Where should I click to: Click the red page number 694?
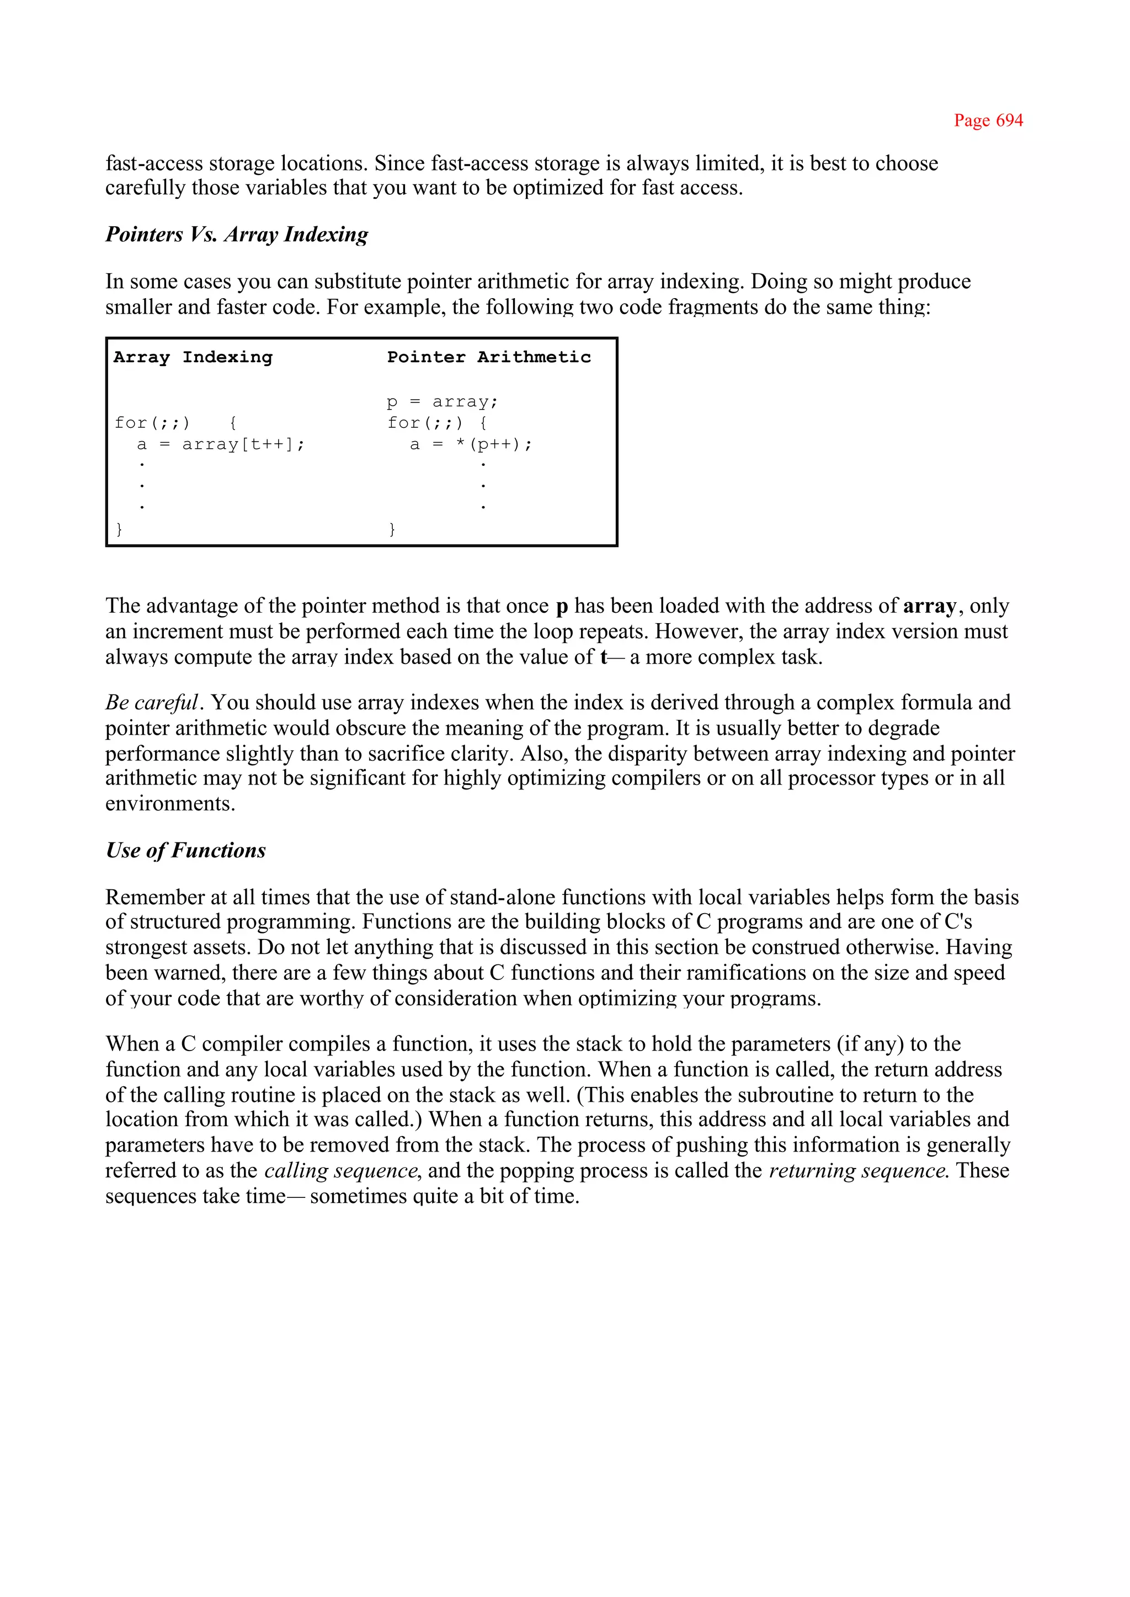click(x=988, y=120)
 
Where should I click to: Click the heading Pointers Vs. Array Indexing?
click(x=237, y=235)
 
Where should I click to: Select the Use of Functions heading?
click(x=186, y=851)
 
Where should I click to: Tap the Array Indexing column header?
click(x=193, y=357)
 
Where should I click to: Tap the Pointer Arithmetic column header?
click(x=488, y=357)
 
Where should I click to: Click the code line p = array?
click(x=443, y=402)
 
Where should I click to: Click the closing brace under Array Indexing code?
click(x=119, y=529)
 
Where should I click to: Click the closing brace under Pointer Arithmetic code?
click(x=392, y=529)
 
